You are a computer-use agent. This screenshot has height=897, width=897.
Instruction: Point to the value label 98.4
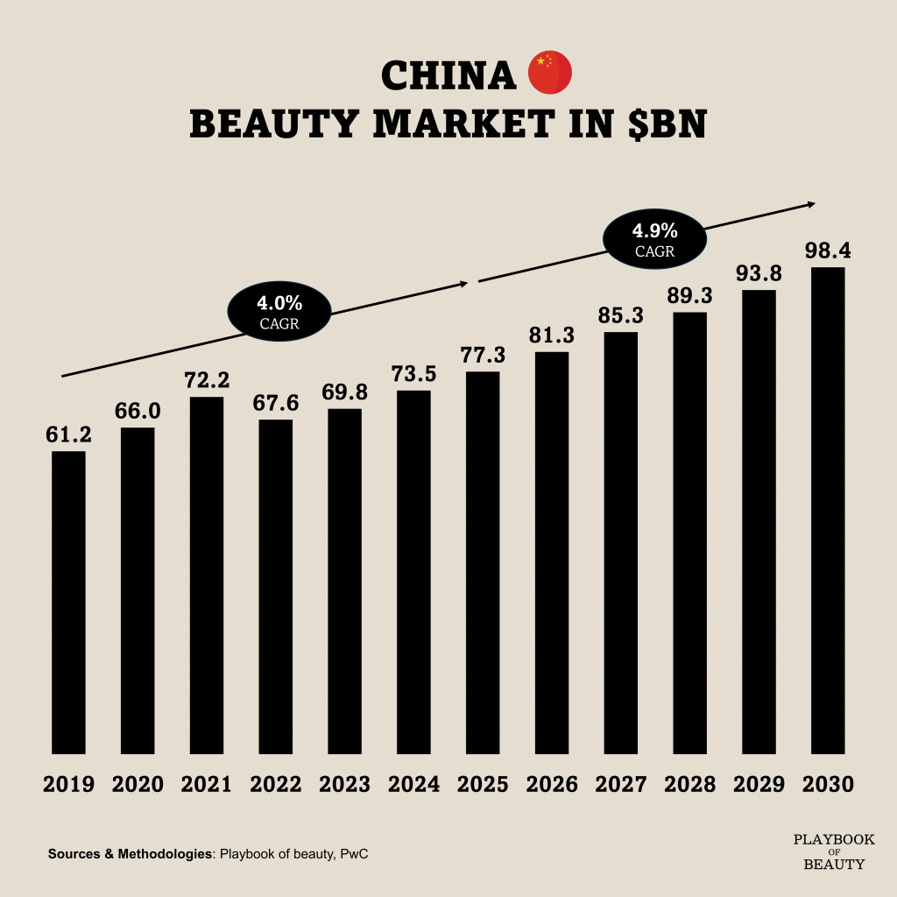pos(828,251)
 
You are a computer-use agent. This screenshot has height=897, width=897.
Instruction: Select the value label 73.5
pos(413,374)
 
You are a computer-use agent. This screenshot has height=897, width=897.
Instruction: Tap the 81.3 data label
pos(552,335)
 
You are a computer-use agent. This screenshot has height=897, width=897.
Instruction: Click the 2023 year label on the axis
pos(344,784)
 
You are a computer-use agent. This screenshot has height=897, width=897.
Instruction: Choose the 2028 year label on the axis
pos(689,784)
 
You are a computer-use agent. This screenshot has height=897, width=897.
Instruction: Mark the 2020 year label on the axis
pos(138,784)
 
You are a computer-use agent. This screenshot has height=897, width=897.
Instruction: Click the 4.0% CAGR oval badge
pos(279,312)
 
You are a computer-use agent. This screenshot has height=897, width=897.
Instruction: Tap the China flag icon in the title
pos(550,74)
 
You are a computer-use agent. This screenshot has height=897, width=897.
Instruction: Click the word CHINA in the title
pos(448,76)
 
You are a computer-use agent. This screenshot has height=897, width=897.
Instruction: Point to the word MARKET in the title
pos(465,124)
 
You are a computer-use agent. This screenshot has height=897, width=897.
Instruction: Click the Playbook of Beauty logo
pos(834,851)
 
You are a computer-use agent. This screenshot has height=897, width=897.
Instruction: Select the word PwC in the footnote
pos(352,853)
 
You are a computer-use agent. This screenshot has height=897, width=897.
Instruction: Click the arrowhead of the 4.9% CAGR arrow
pos(809,205)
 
